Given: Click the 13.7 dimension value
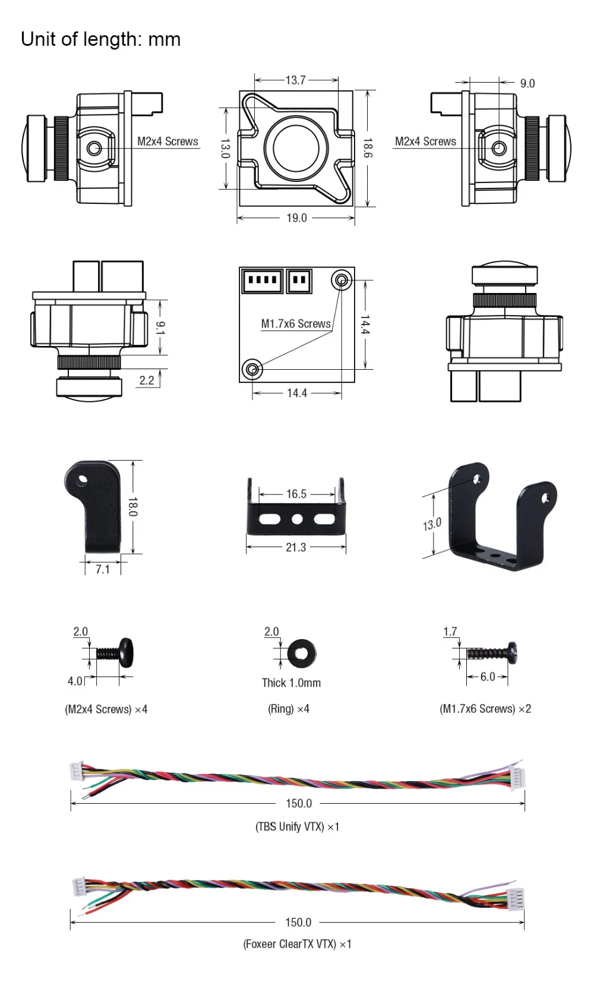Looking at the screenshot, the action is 296,80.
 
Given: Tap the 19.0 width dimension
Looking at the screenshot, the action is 296,218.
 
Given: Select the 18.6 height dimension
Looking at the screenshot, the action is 368,147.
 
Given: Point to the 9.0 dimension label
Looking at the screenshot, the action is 527,83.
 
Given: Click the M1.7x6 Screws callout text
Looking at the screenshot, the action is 296,324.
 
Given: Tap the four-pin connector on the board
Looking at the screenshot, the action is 262,281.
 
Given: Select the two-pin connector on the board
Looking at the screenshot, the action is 299,281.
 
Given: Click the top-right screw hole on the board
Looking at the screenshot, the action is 341,280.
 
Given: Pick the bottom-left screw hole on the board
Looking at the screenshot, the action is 252,369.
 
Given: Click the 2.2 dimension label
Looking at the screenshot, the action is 147,380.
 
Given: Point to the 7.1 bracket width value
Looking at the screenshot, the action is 103,569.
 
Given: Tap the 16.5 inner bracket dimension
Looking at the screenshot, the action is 296,494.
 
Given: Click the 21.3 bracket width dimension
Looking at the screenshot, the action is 296,548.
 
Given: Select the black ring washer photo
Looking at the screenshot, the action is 302,653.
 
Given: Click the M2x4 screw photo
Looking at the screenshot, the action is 115,653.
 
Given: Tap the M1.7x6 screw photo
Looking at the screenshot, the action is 492,653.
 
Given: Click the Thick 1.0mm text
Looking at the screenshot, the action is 291,682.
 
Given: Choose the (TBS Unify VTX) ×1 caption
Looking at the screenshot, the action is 298,826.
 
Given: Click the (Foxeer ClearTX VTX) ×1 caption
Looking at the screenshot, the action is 298,944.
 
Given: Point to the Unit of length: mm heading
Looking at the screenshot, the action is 101,39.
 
